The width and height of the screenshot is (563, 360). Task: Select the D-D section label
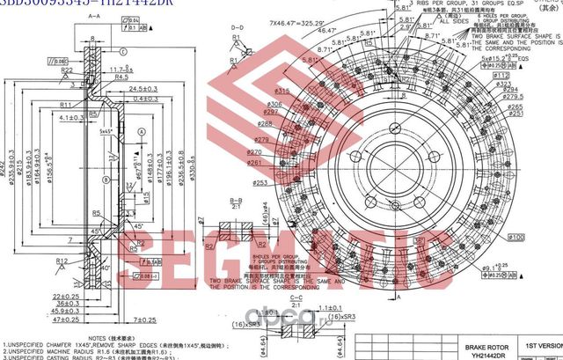click(236, 29)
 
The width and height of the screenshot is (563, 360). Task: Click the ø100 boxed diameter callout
click(515, 237)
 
